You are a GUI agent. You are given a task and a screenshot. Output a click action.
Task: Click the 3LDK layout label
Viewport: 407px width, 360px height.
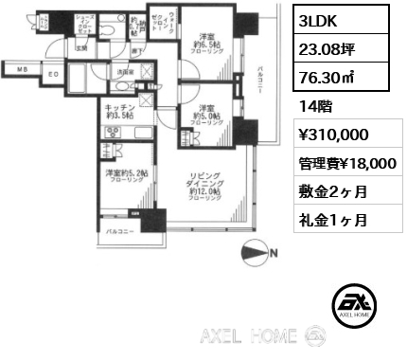point(323,20)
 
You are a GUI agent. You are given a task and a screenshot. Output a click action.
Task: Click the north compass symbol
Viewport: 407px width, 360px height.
point(257,253)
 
